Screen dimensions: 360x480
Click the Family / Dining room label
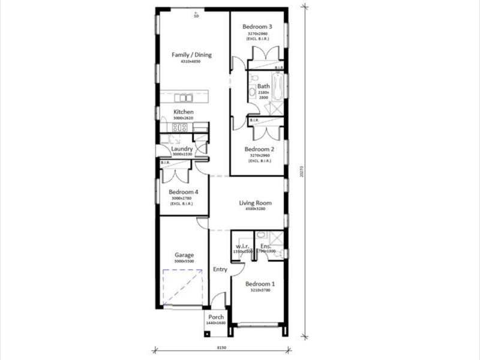[x=191, y=55]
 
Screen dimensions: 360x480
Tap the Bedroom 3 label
[x=257, y=27]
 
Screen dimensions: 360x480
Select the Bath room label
[x=263, y=86]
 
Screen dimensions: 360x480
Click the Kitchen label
[x=184, y=112]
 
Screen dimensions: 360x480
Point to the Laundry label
[x=182, y=149]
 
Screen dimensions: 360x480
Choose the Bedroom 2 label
[x=259, y=149]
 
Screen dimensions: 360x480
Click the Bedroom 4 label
[x=184, y=192]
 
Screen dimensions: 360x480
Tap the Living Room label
[x=256, y=203]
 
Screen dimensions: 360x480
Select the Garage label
[x=184, y=255]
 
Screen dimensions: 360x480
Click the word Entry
[x=220, y=269]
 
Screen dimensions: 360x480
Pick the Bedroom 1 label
[x=260, y=283]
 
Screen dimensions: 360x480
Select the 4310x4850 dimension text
[x=191, y=61]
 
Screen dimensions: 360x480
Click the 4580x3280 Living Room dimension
[x=256, y=209]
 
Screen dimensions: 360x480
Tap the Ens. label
[x=266, y=246]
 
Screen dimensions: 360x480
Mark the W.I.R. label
[x=243, y=246]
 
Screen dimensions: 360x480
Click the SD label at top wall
[x=196, y=16]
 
